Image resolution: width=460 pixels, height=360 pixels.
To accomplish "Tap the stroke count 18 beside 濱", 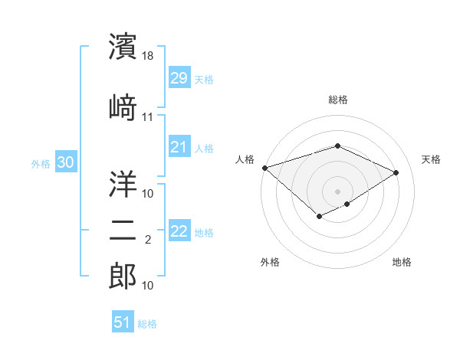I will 149,57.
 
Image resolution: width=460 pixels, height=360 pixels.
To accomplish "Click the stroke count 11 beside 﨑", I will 148,117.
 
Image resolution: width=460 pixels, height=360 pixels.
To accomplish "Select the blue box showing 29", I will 179,78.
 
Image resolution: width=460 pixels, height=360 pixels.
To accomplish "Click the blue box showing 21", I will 179,147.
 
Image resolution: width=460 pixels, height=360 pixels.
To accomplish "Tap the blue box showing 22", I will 179,231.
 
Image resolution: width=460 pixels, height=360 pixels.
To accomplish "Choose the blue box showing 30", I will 65,162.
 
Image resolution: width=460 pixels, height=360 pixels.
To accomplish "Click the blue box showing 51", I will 122,322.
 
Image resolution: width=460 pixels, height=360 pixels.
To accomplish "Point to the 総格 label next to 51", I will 147,324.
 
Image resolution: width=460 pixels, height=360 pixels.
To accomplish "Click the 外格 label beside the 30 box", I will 40,163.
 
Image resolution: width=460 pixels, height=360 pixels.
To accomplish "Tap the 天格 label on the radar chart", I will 431,159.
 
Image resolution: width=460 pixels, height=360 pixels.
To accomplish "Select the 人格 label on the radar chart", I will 245,159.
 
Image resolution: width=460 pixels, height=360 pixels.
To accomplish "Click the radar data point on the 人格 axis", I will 264,168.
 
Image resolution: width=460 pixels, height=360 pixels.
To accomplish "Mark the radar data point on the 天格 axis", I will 396,172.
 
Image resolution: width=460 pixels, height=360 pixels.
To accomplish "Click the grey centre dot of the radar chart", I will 337,191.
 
